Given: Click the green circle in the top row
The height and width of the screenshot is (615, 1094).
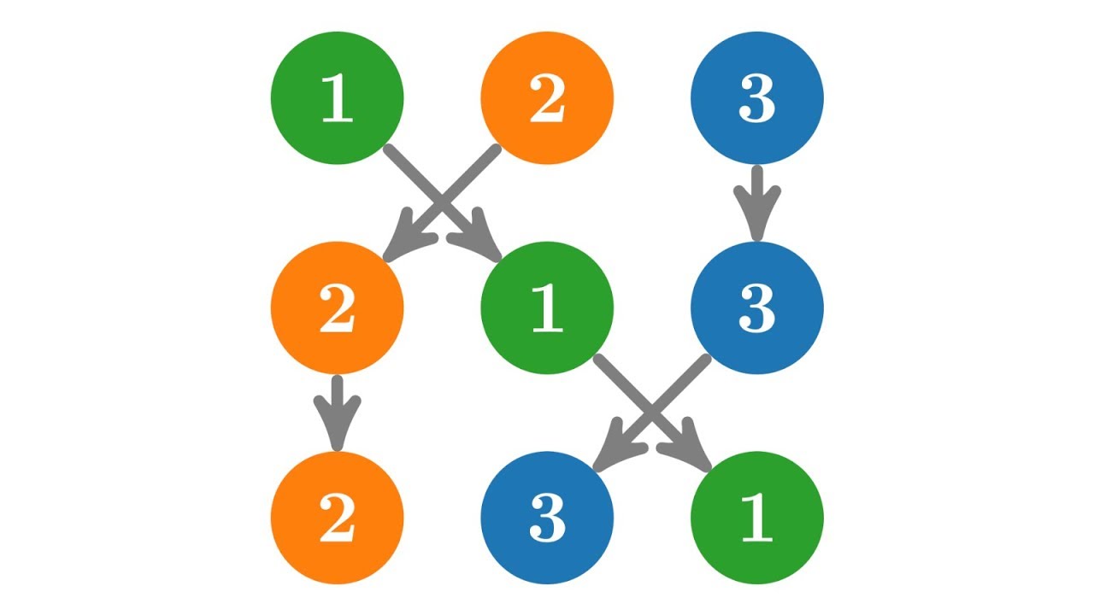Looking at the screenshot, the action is click(338, 98).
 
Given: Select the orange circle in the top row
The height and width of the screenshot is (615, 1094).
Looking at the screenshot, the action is click(547, 98).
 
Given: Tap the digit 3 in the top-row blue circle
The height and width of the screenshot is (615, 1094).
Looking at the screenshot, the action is click(757, 98).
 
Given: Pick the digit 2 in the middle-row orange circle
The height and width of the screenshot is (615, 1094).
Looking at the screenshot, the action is click(338, 308).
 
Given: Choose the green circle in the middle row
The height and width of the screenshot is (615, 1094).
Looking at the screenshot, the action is click(547, 308).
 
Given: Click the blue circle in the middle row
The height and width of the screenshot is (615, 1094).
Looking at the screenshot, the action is click(757, 308).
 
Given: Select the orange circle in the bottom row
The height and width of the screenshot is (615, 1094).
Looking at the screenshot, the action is click(338, 518).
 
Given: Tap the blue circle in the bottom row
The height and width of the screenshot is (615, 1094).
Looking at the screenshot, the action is click(547, 518).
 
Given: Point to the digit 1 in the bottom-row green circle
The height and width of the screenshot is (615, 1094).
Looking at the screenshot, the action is click(757, 518).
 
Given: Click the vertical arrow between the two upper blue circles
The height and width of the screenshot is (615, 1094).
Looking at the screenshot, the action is click(757, 203).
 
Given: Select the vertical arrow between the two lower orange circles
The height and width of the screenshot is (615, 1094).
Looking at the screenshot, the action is click(338, 413).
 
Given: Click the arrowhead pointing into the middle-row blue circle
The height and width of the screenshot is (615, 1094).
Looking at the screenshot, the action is click(757, 214).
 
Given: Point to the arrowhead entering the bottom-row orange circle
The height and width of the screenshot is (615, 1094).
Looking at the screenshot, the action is click(338, 425).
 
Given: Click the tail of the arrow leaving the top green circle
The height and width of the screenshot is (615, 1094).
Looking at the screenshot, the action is click(388, 149).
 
